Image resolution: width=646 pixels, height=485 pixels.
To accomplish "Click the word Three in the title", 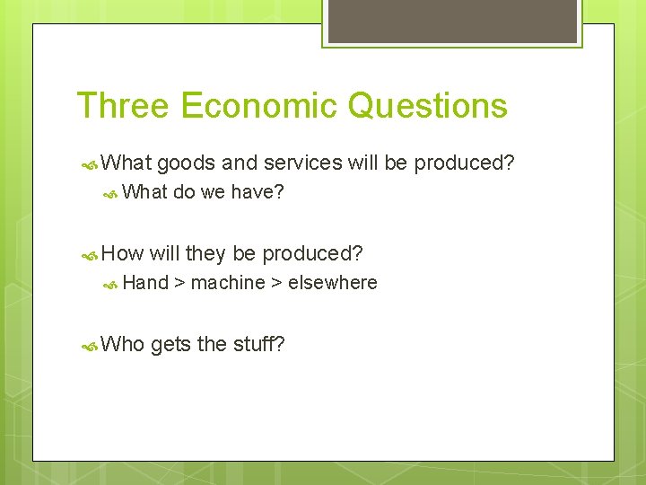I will click(x=123, y=106).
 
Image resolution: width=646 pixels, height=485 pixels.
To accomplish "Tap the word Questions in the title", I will click(x=427, y=106).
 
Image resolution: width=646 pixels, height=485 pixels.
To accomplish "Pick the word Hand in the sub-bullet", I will click(x=145, y=283).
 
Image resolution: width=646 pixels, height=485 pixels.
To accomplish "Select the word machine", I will click(x=228, y=283).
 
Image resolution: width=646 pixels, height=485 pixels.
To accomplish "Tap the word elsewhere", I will click(x=333, y=283).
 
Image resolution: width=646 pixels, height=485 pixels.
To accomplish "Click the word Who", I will click(x=124, y=343).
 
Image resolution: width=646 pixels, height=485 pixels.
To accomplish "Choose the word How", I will click(x=123, y=253).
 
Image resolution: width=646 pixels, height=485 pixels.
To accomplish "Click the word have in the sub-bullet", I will click(x=257, y=191).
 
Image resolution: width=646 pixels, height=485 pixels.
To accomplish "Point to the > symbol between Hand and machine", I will click(x=179, y=284).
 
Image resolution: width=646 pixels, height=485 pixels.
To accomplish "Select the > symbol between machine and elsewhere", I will click(x=276, y=284).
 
